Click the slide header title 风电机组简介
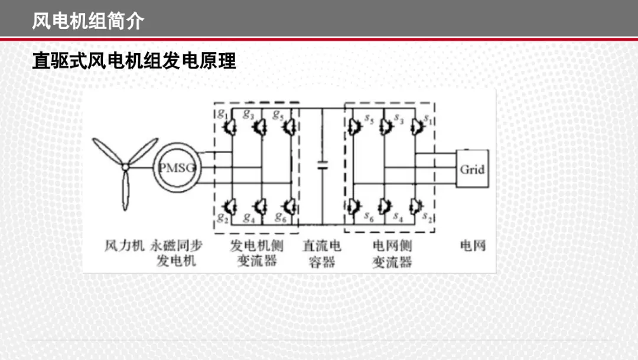(88, 21)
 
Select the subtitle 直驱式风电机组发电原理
(134, 61)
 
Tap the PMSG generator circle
(177, 149)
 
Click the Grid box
(473, 168)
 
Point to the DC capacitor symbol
(323, 166)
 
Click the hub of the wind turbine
(125, 167)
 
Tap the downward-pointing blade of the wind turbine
(126, 190)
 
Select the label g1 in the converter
(222, 113)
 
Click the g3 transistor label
(248, 114)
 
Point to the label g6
(281, 218)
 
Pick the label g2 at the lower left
(223, 218)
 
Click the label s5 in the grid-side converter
(369, 119)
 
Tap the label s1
(428, 119)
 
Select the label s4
(398, 218)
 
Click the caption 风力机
(124, 245)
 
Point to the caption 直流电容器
(322, 254)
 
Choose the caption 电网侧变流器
(392, 254)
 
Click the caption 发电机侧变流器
(257, 253)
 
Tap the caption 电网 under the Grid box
(473, 245)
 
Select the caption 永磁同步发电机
(177, 253)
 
